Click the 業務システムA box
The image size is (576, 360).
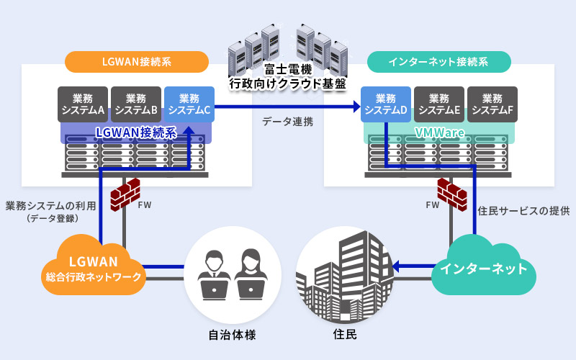click(x=83, y=104)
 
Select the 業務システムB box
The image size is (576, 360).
click(x=136, y=104)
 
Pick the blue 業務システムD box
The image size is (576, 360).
click(x=385, y=104)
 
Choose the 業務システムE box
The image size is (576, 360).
click(x=439, y=104)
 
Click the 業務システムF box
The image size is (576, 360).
click(x=492, y=104)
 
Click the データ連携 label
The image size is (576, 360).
click(x=288, y=122)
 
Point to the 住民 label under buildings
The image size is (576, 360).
click(x=345, y=336)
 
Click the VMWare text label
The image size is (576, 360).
click(x=439, y=133)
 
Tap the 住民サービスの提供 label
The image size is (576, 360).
click(x=523, y=211)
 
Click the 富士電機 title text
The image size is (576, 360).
click(x=287, y=70)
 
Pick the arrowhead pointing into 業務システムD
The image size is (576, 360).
click(x=355, y=107)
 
